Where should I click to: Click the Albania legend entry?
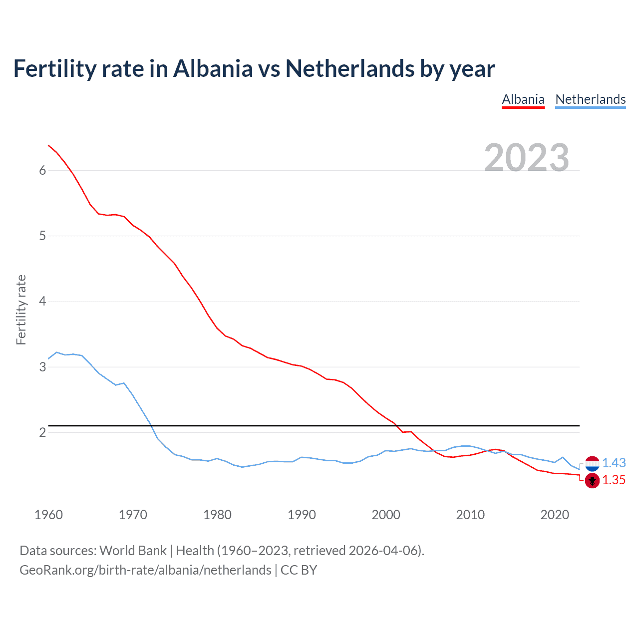(x=523, y=99)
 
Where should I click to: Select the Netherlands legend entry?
(x=590, y=99)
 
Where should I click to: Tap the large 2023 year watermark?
(x=527, y=158)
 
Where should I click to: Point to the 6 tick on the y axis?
(x=42, y=170)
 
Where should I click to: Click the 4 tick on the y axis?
(x=42, y=301)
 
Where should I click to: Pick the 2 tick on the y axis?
(x=42, y=432)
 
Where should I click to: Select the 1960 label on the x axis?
(x=48, y=515)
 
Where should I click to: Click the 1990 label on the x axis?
(x=302, y=515)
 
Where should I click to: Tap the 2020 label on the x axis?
(x=555, y=515)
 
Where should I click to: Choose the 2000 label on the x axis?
(x=386, y=515)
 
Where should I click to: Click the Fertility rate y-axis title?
(x=21, y=310)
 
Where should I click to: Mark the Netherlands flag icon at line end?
(x=592, y=464)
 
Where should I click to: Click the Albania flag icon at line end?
(x=592, y=481)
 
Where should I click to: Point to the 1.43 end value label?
(x=614, y=463)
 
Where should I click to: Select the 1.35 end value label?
(x=614, y=480)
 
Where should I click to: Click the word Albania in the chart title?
(x=213, y=68)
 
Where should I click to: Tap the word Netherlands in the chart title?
(x=349, y=68)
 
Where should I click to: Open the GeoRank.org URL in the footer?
(x=145, y=570)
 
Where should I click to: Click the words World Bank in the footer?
(x=133, y=551)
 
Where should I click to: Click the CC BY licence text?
(x=299, y=570)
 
